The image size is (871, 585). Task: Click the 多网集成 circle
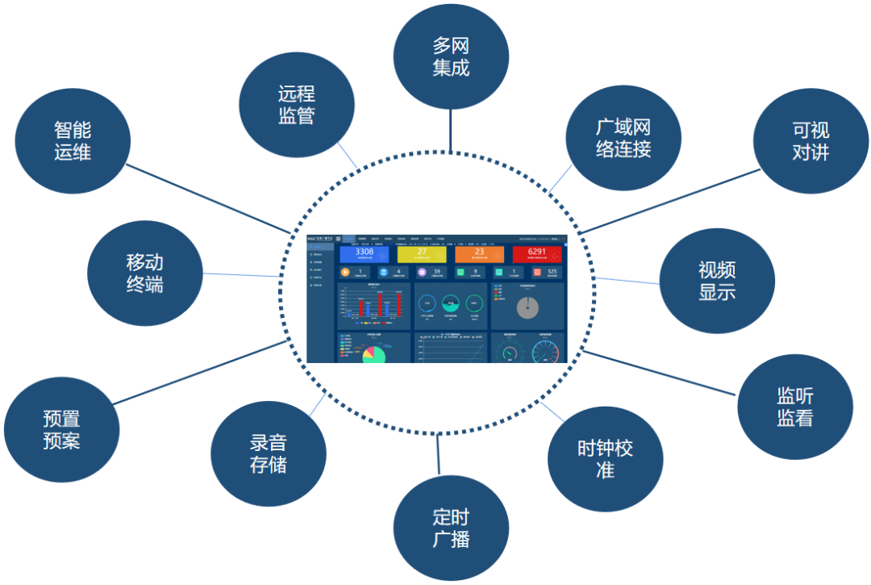point(451,56)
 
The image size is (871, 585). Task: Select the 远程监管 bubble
point(297,105)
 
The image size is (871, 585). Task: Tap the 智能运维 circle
point(73,140)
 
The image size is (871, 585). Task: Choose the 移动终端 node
point(144,273)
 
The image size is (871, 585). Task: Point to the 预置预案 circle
point(61,429)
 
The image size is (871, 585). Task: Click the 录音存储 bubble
point(268,453)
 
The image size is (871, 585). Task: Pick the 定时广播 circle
point(451,528)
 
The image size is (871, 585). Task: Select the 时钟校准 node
point(605,458)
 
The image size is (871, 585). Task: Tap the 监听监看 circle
point(794,407)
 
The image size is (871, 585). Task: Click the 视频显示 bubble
point(717,280)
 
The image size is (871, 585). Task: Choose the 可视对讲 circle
point(810,141)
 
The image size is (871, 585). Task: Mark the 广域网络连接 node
point(623,137)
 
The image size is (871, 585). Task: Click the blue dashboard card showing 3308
point(365,254)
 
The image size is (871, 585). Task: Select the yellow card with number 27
point(422,254)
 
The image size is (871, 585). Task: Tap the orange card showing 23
point(479,254)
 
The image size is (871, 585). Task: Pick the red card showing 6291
point(537,254)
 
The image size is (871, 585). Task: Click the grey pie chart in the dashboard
point(527,307)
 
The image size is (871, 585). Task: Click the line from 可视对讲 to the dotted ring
point(669,201)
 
